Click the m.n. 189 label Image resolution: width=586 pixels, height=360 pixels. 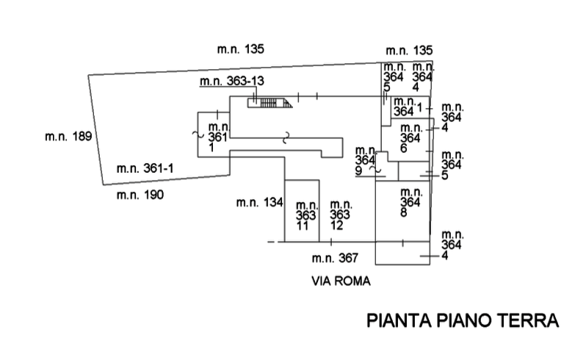(66, 137)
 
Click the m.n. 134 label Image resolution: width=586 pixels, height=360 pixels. (259, 204)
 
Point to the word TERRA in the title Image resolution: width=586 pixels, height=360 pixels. (527, 322)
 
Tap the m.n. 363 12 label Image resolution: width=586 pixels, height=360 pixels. (339, 215)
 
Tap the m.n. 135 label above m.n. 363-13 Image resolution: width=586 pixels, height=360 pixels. (241, 50)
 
